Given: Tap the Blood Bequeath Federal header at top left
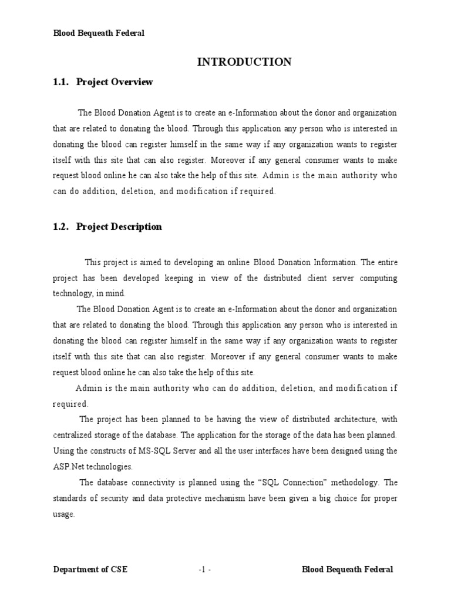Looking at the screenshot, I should (99, 34).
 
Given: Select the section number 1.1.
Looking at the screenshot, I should (62, 82).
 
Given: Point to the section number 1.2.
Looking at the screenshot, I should (62, 226).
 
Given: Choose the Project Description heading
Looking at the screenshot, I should (119, 226).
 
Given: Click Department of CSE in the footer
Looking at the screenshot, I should (90, 569).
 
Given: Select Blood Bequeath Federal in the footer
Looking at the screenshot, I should (348, 569).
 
